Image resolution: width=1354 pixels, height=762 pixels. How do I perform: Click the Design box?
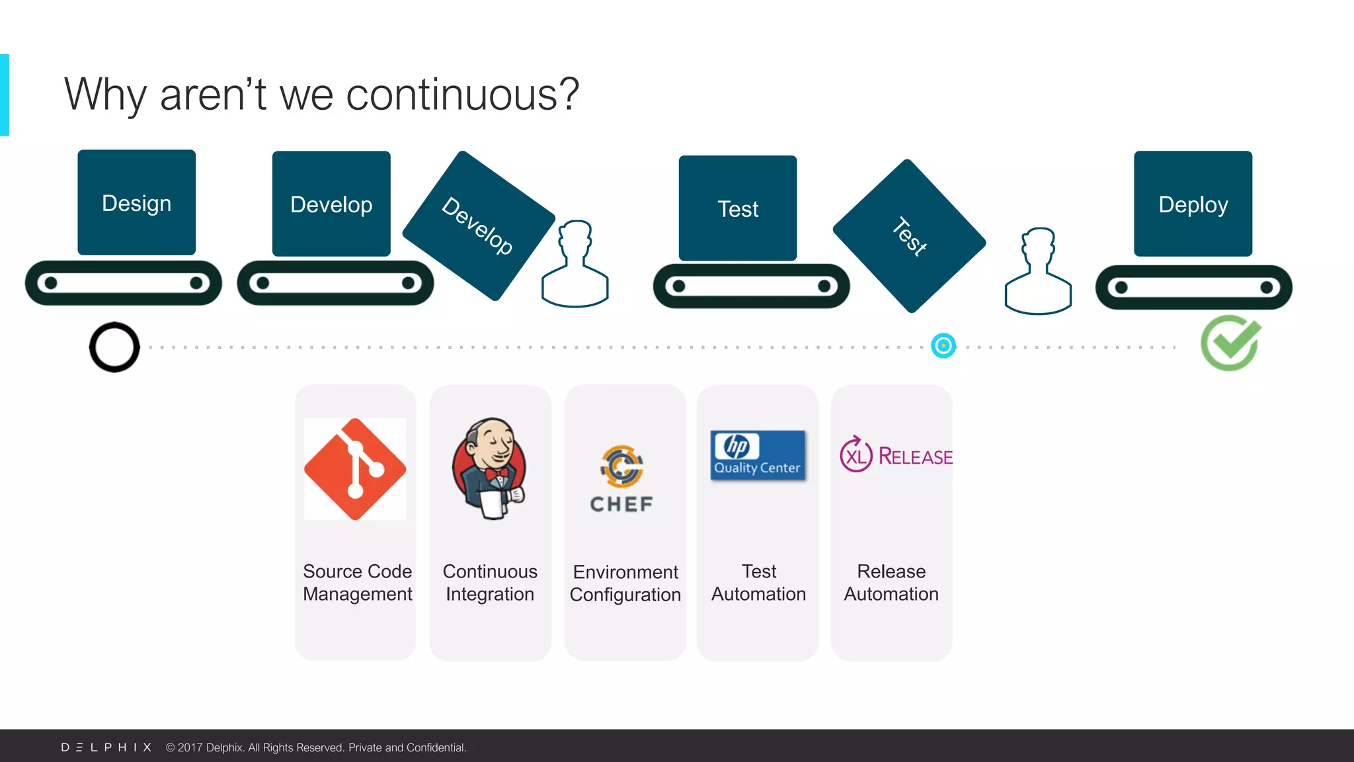[137, 202]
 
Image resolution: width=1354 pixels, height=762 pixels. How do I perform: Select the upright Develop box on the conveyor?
[331, 204]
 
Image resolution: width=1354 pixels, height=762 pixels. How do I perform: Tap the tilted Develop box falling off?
[479, 226]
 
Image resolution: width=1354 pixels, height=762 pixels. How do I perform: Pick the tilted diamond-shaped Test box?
[909, 236]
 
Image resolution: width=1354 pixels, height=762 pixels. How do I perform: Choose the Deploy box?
[1193, 204]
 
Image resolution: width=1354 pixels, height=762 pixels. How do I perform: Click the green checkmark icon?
[1230, 343]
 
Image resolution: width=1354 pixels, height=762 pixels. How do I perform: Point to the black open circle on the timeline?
[114, 347]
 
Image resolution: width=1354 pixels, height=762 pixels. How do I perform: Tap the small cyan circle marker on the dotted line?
[943, 345]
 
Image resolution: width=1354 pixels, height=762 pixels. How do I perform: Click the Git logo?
[355, 469]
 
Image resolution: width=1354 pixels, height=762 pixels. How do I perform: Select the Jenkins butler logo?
[490, 468]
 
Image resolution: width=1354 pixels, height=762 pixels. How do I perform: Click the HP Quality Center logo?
[758, 455]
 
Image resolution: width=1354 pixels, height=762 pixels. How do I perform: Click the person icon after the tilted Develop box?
[575, 265]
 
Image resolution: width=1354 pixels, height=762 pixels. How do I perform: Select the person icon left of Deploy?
[1038, 271]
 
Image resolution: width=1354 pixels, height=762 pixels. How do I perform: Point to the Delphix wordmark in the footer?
[106, 747]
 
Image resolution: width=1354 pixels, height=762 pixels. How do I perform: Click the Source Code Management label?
[357, 583]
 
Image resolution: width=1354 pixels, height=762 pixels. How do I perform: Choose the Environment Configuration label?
[625, 583]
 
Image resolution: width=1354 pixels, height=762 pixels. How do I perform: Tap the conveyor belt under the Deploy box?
[1193, 287]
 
